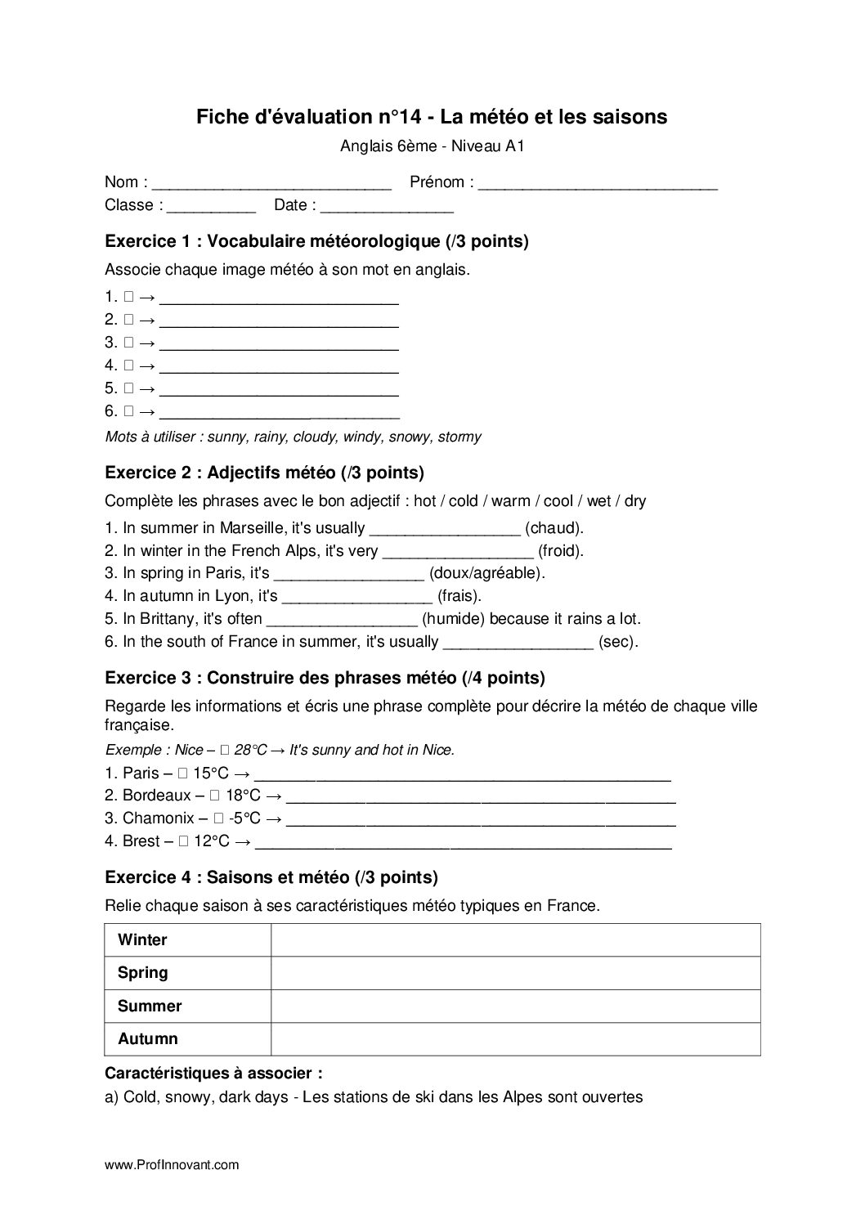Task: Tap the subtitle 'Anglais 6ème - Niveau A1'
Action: coord(431,147)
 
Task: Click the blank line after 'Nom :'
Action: coord(272,183)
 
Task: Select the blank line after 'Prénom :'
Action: coord(598,183)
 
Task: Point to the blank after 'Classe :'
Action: coord(211,206)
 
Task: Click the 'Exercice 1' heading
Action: coord(316,241)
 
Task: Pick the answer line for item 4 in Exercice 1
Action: coord(280,365)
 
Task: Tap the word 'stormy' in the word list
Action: coord(459,437)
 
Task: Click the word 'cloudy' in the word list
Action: coord(315,437)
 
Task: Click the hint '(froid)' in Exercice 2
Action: coord(561,550)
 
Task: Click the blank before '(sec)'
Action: coord(518,642)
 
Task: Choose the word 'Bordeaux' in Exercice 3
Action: coord(159,795)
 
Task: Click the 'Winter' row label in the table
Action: coord(142,939)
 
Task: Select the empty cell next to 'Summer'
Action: coord(515,1006)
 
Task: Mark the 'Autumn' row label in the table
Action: coord(147,1039)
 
